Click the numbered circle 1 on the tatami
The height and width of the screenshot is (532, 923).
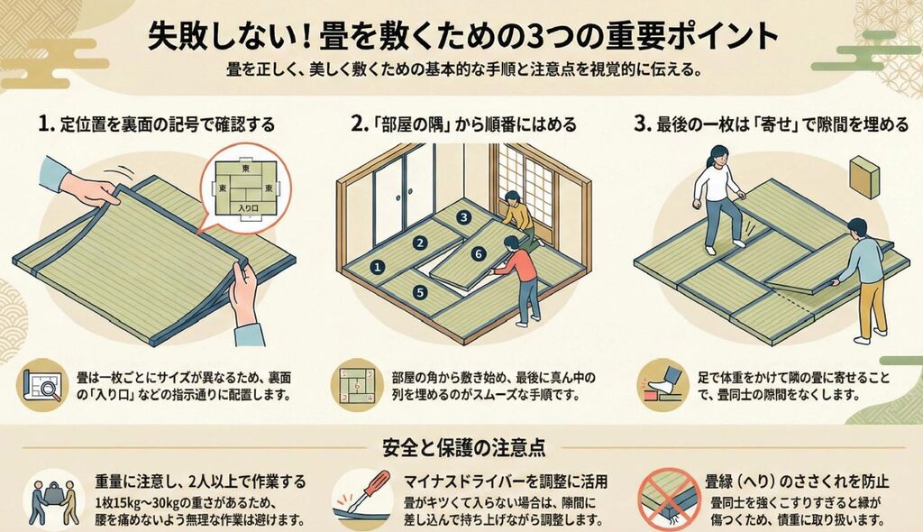click(x=378, y=268)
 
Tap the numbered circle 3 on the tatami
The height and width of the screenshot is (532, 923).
click(x=464, y=217)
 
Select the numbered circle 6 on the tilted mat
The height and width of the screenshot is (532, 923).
click(x=479, y=254)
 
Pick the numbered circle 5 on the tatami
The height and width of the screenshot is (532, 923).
click(x=420, y=292)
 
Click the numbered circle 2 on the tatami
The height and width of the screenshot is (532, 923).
click(x=420, y=243)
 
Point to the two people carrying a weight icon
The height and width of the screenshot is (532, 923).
click(x=54, y=501)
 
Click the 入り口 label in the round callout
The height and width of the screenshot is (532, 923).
click(x=248, y=208)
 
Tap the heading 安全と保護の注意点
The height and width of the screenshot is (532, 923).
click(x=464, y=448)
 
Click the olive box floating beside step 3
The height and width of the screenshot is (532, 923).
click(x=864, y=176)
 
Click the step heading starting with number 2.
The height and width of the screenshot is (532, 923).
click(x=464, y=124)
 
